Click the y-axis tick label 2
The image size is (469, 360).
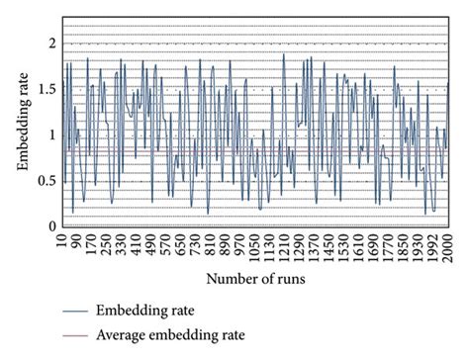[x=50, y=43]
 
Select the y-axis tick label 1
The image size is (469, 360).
[x=50, y=135]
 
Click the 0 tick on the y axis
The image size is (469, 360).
[x=50, y=225]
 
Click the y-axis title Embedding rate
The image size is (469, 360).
[x=23, y=134]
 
